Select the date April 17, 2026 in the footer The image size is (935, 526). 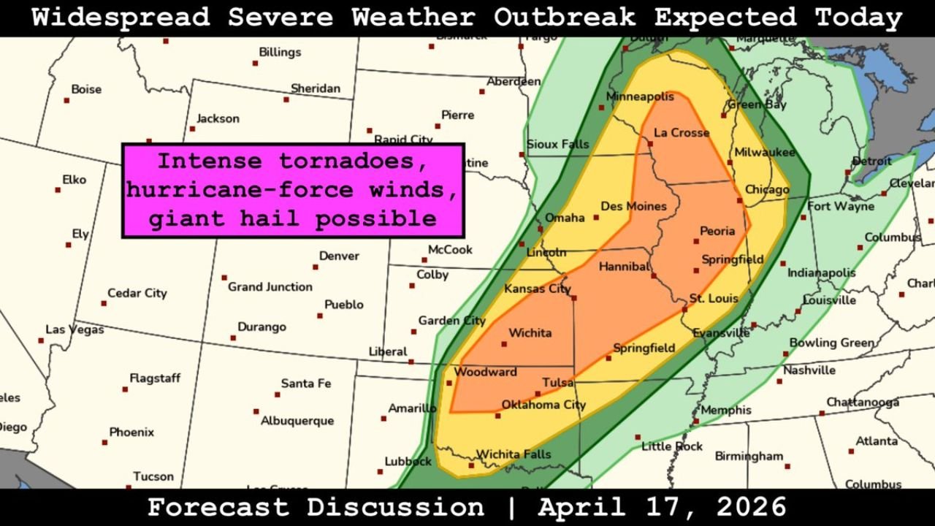(x=662, y=507)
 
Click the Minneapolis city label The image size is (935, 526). (x=640, y=96)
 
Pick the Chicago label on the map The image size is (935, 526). (x=767, y=190)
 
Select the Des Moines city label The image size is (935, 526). (x=633, y=206)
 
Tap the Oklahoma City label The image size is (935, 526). (x=543, y=405)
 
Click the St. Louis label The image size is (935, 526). (x=714, y=298)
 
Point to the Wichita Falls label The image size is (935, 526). (x=514, y=454)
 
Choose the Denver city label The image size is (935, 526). (x=339, y=256)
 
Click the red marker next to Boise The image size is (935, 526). (x=66, y=100)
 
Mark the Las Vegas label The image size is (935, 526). (x=75, y=329)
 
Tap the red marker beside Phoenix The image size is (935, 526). (x=104, y=442)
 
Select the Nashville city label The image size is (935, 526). (x=809, y=370)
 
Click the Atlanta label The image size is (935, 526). (x=877, y=441)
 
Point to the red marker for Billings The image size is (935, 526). (x=255, y=64)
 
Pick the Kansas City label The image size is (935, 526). (x=537, y=289)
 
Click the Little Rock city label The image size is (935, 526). (x=671, y=446)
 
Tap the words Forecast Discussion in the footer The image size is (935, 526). (x=315, y=507)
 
